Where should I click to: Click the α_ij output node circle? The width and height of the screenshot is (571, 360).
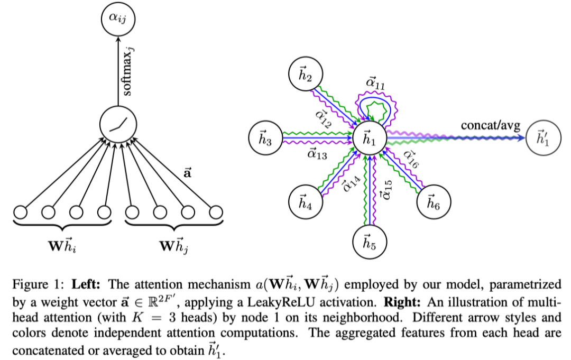point(118,20)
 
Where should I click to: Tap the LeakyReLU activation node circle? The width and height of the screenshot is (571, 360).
point(118,125)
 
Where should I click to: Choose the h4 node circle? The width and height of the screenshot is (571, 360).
point(306,201)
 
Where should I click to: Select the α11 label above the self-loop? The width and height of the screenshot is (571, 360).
point(376,84)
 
